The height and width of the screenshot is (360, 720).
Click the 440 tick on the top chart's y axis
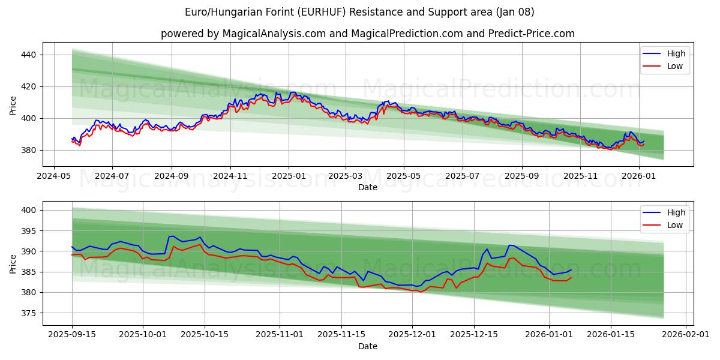tap(29, 55)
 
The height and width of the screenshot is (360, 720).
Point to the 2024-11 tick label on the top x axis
tap(230, 176)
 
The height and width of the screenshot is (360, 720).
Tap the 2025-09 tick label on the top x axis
tap(521, 176)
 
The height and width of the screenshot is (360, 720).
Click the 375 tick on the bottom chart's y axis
tap(29, 313)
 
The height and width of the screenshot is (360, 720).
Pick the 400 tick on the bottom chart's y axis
tap(29, 210)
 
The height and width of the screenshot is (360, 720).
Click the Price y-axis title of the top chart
tap(13, 104)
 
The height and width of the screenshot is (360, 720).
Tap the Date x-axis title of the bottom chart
tap(368, 346)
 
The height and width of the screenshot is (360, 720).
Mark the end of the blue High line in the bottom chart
tap(571, 270)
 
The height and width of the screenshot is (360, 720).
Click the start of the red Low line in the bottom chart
tap(72, 255)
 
